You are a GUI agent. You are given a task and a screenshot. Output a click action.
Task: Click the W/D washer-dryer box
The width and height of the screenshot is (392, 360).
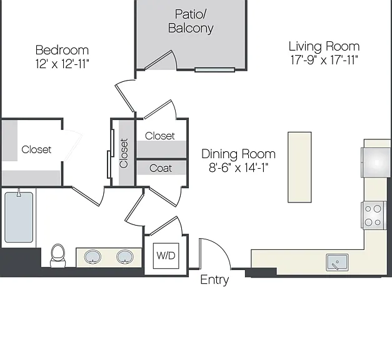pyautogui.click(x=166, y=256)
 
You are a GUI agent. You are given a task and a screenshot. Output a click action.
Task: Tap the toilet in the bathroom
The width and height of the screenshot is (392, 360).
pyautogui.click(x=58, y=256)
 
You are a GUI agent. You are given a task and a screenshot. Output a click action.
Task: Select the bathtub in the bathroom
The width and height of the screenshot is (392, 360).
pyautogui.click(x=19, y=217)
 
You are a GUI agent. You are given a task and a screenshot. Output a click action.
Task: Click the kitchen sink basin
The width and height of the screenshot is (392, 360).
pyautogui.click(x=337, y=262)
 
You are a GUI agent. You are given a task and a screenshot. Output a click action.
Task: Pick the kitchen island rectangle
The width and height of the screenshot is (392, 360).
pyautogui.click(x=299, y=167)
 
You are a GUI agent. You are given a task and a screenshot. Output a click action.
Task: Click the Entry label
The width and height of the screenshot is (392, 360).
pyautogui.click(x=214, y=280)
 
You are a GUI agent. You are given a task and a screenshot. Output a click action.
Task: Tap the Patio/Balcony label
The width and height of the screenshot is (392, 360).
pyautogui.click(x=191, y=21)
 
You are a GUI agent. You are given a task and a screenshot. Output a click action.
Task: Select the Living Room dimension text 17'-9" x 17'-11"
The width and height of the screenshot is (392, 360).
pyautogui.click(x=324, y=60)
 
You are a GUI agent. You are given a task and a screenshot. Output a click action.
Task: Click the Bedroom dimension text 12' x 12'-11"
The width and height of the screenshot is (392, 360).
pyautogui.click(x=63, y=64)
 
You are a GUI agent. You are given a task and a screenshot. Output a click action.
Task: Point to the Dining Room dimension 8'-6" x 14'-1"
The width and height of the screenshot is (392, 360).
pyautogui.click(x=238, y=167)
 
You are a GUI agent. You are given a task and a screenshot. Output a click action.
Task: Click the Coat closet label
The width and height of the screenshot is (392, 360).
pyautogui.click(x=161, y=168)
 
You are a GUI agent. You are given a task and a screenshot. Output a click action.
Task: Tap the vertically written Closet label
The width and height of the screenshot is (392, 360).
pyautogui.click(x=124, y=153)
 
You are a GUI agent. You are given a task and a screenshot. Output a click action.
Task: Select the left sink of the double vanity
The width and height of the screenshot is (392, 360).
pyautogui.click(x=93, y=257)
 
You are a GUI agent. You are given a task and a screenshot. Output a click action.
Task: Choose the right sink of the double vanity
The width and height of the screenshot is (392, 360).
pyautogui.click(x=125, y=257)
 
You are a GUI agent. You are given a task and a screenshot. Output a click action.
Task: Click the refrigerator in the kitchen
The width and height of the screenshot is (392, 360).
pyautogui.click(x=376, y=162)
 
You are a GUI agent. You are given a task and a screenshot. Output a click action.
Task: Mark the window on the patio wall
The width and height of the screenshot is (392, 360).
pyautogui.click(x=214, y=70)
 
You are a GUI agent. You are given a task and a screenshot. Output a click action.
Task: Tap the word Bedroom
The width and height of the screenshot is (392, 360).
pyautogui.click(x=63, y=50)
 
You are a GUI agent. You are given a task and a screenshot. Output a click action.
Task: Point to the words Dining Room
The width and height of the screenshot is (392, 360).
pyautogui.click(x=238, y=154)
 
